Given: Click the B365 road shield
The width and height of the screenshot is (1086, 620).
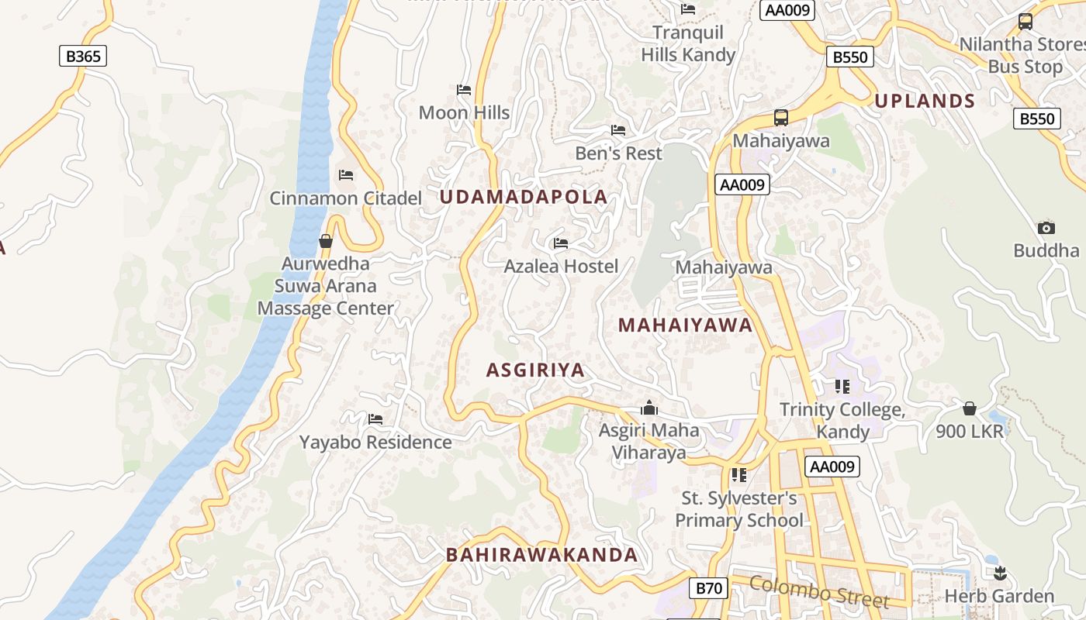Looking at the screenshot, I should tap(83, 56).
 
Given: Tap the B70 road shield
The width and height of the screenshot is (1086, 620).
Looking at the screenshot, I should tap(709, 588).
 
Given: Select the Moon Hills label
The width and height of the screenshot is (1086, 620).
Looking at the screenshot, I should tap(464, 112).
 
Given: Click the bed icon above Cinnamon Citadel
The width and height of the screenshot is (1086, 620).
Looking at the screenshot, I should tap(346, 175).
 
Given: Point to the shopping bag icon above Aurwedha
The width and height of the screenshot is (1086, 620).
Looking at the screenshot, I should tap(326, 241).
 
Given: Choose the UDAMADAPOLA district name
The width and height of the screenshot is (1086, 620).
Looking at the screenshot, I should tap(524, 197).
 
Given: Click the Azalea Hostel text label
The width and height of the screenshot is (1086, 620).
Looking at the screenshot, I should tap(561, 267).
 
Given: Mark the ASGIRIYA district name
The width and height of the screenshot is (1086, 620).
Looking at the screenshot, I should tap(535, 370).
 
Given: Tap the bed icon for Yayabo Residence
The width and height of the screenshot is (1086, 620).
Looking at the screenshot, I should tap(375, 419).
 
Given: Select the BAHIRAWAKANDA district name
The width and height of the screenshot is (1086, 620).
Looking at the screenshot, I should tap(541, 555).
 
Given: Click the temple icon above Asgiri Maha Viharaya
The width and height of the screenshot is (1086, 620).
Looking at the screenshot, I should tap(649, 408).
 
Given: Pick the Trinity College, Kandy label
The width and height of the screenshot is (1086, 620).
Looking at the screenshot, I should tap(842, 420).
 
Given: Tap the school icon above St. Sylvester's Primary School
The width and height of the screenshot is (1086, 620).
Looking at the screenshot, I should tap(738, 474).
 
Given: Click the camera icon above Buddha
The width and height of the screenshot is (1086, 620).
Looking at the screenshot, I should tap(1046, 228).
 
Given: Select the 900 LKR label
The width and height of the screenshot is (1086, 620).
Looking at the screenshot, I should tap(970, 432).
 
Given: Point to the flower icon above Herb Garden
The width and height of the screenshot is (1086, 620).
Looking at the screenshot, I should tap(999, 573).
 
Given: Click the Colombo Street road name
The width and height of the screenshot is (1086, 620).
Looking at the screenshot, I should tap(819, 592).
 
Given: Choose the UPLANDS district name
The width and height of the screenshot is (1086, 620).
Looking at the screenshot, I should tap(925, 101).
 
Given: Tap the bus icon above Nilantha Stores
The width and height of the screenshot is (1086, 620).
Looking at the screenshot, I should tap(1025, 22).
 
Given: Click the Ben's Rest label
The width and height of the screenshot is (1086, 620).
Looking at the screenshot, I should tap(618, 153).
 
